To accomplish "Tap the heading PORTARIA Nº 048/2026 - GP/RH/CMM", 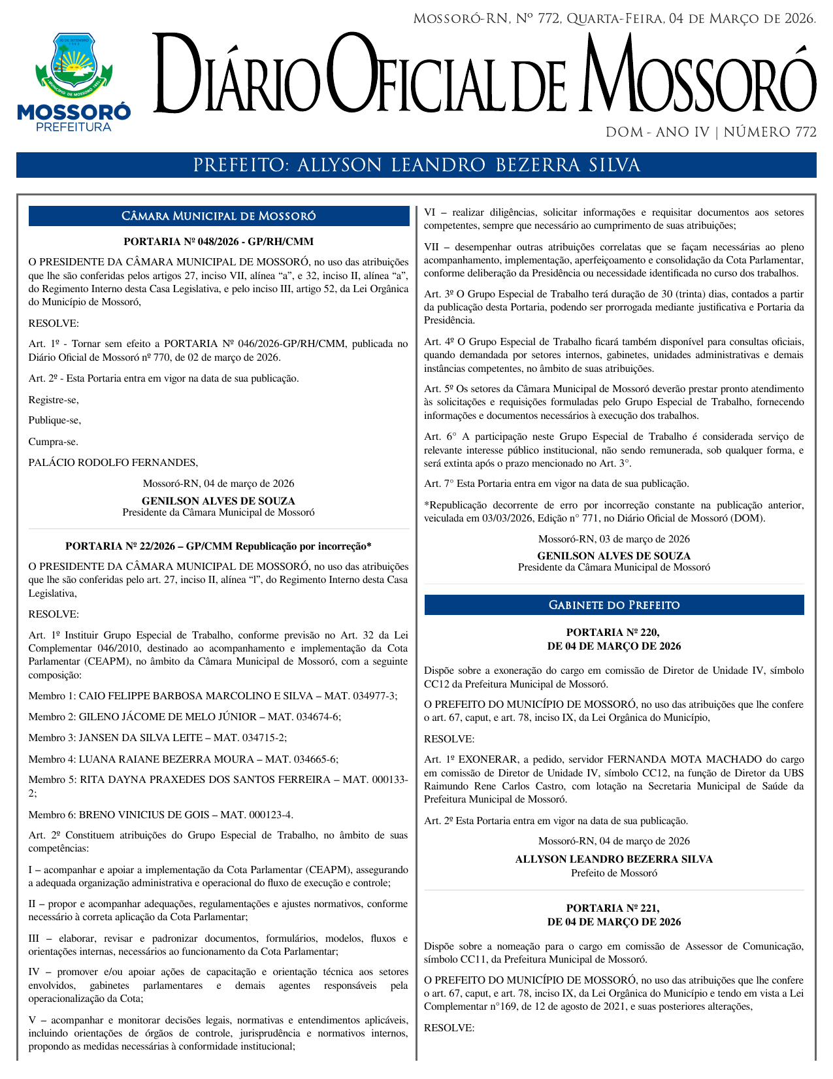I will (218, 241).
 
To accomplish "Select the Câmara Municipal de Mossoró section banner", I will (219, 216).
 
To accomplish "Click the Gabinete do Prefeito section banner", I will (614, 605).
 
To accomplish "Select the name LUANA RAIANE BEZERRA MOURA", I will (166, 759).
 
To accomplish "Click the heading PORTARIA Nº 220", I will (613, 633).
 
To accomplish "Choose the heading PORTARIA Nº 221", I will (613, 908).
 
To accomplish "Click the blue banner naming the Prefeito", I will (416, 165).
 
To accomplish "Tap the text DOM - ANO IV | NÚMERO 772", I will (711, 133).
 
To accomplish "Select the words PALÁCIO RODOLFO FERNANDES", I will (113, 463).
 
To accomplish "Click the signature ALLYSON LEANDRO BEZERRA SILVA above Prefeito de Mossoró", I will (614, 859).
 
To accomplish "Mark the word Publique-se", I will (55, 420).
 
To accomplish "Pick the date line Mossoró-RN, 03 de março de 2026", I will (614, 539).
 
